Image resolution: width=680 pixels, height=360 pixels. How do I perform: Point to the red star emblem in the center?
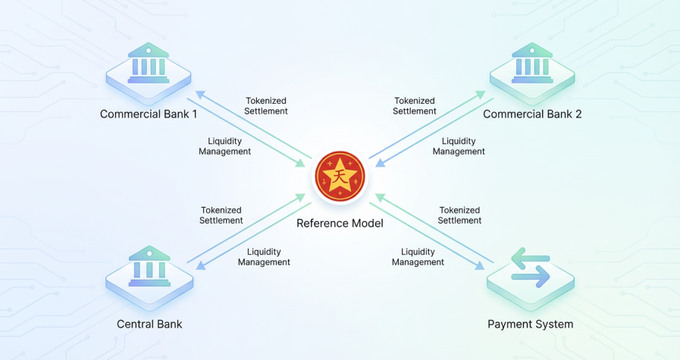click(x=340, y=176)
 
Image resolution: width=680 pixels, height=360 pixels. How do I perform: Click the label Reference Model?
click(x=340, y=224)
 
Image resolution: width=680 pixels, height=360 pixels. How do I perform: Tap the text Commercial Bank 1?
click(x=149, y=114)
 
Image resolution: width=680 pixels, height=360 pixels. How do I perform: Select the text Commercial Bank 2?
click(x=532, y=114)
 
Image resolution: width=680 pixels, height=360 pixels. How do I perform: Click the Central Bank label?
click(x=149, y=324)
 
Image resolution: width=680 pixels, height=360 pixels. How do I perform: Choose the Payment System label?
click(x=530, y=324)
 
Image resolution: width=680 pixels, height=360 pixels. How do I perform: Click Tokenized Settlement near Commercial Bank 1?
click(x=267, y=105)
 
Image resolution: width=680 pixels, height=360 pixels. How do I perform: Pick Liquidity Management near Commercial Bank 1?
click(x=224, y=146)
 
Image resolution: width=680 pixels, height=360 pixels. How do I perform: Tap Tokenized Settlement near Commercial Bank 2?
click(x=415, y=105)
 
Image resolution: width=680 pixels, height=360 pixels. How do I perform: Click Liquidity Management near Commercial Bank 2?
click(x=459, y=146)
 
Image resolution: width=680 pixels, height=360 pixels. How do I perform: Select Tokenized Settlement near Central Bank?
click(x=221, y=215)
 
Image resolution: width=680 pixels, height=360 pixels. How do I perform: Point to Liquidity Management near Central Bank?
click(x=264, y=256)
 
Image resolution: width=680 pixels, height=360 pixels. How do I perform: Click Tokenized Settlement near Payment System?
click(x=460, y=215)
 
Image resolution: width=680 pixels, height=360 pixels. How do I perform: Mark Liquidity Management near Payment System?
click(x=418, y=256)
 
